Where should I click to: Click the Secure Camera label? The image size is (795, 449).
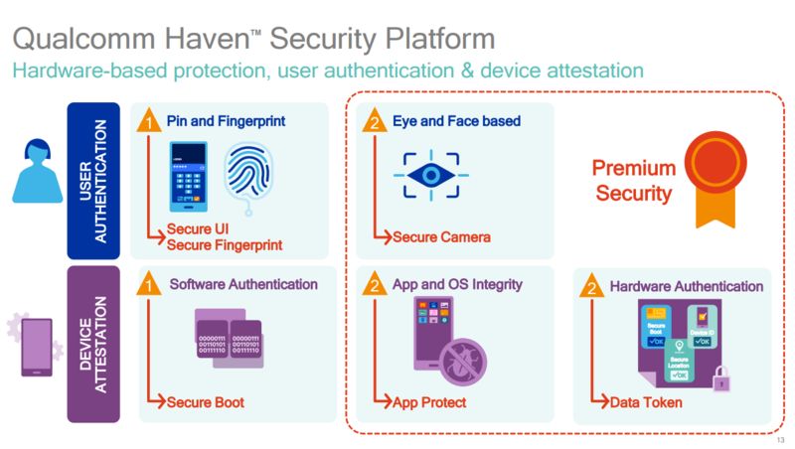click(441, 237)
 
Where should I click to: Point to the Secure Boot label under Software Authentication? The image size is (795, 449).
click(206, 402)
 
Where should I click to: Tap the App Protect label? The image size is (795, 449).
click(429, 402)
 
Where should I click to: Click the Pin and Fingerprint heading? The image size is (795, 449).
click(226, 121)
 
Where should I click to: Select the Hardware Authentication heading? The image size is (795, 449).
click(686, 287)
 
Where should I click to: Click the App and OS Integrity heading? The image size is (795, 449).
click(456, 286)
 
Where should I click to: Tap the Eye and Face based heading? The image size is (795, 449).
click(456, 121)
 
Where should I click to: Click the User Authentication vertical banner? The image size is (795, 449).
click(93, 180)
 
